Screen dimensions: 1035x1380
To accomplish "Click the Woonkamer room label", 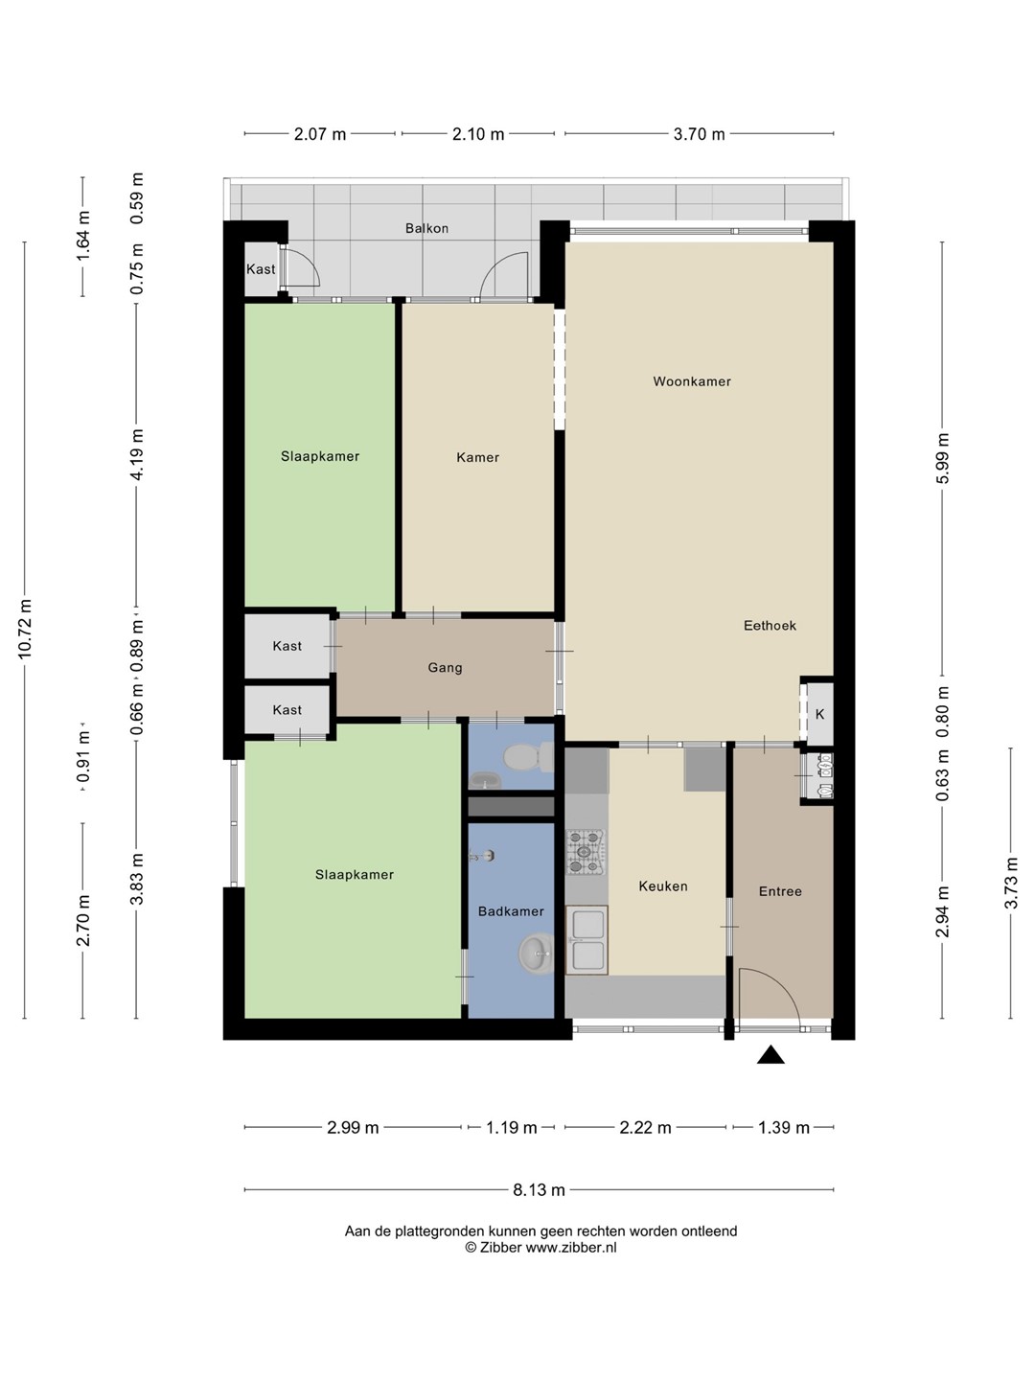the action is [692, 381].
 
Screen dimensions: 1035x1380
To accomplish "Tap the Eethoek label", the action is [770, 626].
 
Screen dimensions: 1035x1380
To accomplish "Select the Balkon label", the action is [426, 228].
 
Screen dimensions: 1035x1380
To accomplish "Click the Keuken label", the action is [663, 886].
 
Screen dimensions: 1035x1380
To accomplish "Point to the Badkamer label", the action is [511, 911].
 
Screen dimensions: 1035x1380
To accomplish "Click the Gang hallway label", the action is [445, 668].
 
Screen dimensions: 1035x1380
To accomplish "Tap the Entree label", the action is [780, 891].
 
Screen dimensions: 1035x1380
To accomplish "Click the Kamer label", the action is [477, 458].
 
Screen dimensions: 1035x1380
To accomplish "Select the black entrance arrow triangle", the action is [770, 1055].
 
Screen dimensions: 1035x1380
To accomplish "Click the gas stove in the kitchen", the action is [585, 853].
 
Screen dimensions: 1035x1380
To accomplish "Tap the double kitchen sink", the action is [586, 940].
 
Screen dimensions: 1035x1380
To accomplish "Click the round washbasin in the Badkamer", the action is [536, 954].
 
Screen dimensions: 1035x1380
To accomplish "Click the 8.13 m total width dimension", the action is [539, 1190].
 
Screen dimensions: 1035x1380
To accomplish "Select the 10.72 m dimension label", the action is [25, 630].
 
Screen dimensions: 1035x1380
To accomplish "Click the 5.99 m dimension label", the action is [942, 458].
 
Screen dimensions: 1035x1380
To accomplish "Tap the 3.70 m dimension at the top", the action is [699, 134].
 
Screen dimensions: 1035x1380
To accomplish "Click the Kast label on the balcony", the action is [261, 269].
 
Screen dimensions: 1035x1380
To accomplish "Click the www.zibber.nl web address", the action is [570, 1248].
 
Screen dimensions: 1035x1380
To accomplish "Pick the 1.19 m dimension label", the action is [511, 1127].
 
